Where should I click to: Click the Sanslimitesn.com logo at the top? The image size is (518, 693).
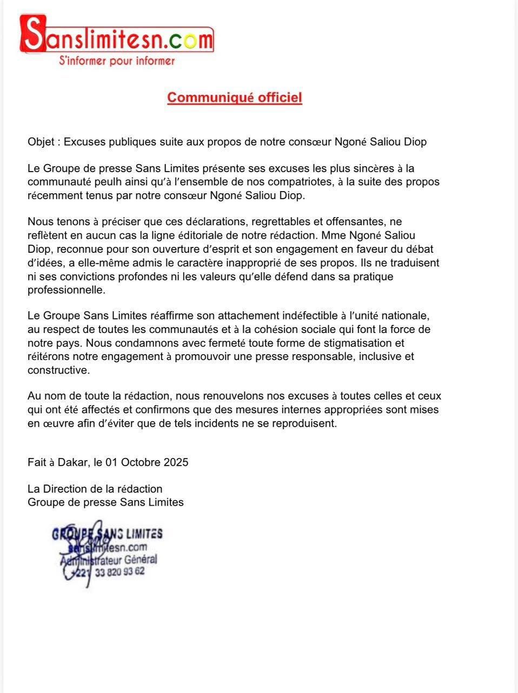[x=116, y=37]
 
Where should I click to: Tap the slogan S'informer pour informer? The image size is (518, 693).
[x=116, y=61]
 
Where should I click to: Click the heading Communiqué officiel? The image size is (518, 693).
[x=234, y=97]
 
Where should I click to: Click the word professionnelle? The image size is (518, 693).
[x=66, y=290]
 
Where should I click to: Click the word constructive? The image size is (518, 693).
[x=58, y=370]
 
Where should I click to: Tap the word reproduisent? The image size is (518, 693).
[x=305, y=423]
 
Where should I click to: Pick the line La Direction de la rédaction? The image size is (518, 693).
[x=95, y=489]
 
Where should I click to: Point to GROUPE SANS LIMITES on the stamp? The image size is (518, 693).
[x=107, y=534]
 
